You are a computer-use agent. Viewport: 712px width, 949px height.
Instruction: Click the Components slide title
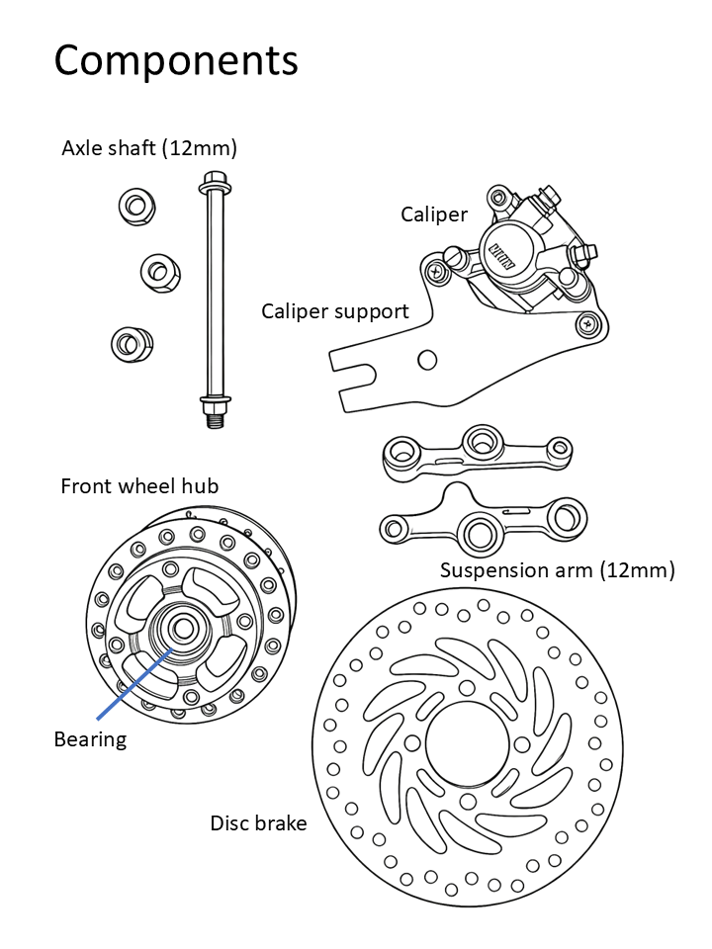tap(176, 60)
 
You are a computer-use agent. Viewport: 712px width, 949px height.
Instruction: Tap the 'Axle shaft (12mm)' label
tap(149, 148)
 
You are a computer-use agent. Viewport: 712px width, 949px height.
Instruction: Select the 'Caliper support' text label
tap(334, 311)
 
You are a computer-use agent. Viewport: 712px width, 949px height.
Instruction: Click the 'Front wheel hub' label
tap(139, 486)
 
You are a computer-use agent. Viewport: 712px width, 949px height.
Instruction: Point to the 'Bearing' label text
tap(90, 739)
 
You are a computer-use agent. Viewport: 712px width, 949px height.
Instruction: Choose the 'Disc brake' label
tap(258, 822)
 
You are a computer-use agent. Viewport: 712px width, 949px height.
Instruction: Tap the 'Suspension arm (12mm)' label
tap(557, 570)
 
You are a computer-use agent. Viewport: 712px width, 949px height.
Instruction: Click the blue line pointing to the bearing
tap(135, 682)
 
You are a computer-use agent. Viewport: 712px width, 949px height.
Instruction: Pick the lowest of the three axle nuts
tap(129, 344)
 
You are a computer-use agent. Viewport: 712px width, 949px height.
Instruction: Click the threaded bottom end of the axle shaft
tap(215, 420)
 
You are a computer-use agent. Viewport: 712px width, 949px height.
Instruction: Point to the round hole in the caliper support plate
tap(427, 359)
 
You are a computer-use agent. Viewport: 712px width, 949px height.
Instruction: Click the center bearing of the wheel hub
tap(181, 628)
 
